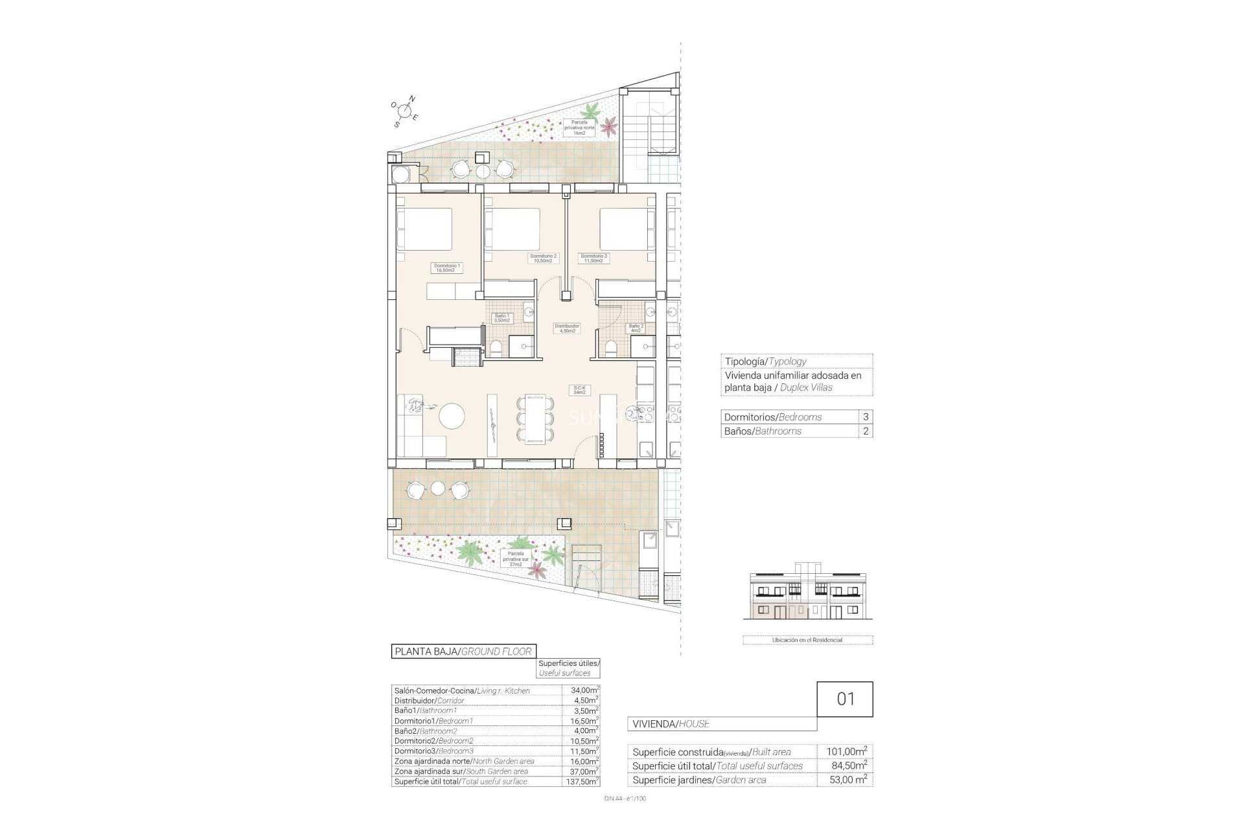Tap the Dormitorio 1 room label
click(447, 268)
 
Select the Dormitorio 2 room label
click(543, 258)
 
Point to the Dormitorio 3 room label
click(594, 258)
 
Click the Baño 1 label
click(502, 318)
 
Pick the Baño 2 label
click(636, 328)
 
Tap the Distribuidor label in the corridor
click(566, 328)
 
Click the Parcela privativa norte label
click(579, 128)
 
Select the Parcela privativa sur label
click(516, 558)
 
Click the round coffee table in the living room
click(452, 415)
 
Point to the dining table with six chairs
click(535, 418)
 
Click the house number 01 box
click(845, 699)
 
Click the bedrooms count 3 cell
click(865, 417)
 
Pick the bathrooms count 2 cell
click(865, 431)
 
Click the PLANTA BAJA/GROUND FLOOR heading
click(463, 652)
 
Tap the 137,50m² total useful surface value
click(581, 782)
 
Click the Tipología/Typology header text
click(765, 361)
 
